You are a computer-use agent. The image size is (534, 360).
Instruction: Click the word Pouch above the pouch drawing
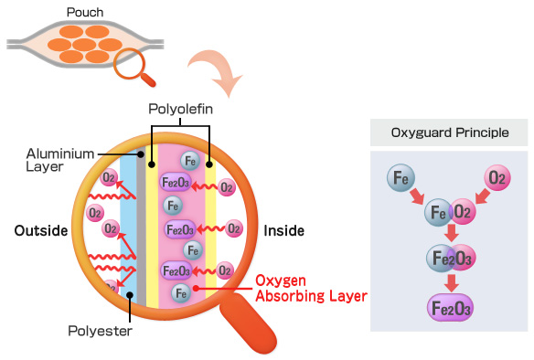(x=85, y=12)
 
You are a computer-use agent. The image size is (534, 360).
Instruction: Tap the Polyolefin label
(x=180, y=109)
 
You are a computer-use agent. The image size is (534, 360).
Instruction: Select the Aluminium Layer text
(x=60, y=160)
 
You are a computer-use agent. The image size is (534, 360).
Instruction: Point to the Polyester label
(x=101, y=331)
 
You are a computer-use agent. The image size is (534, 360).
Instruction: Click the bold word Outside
(x=41, y=230)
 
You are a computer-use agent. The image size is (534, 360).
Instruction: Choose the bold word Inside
(x=284, y=230)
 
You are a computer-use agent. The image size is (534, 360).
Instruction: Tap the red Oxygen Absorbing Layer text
(x=311, y=288)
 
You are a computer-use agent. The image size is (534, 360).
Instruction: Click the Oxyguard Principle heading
(x=450, y=132)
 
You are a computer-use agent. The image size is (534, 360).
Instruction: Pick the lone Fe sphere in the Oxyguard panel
(x=400, y=178)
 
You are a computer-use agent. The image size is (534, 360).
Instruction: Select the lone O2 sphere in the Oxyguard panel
(x=497, y=177)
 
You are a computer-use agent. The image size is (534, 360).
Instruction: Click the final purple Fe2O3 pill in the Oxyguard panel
(x=451, y=308)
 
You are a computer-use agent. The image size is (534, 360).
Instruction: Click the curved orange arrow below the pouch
(x=217, y=70)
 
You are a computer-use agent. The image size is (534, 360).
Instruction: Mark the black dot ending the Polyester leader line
(x=130, y=294)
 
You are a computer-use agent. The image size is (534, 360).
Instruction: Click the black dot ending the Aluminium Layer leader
(x=140, y=154)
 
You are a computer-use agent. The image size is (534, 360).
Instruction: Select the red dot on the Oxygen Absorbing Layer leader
(x=196, y=289)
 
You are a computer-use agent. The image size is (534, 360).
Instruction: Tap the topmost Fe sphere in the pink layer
(x=190, y=161)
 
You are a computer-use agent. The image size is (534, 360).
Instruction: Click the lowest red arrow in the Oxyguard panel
(x=451, y=283)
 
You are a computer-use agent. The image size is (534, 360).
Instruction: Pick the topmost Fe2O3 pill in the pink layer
(x=175, y=183)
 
